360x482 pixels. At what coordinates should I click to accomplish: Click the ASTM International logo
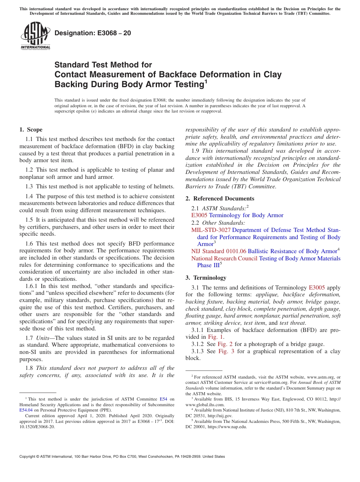35,36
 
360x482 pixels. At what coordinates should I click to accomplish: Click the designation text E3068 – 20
92,33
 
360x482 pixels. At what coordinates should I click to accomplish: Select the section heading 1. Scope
31,130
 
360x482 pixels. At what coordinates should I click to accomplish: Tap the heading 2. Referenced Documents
220,199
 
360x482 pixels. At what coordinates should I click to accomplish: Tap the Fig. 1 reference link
217,337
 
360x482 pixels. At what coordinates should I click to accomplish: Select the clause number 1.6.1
32,286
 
